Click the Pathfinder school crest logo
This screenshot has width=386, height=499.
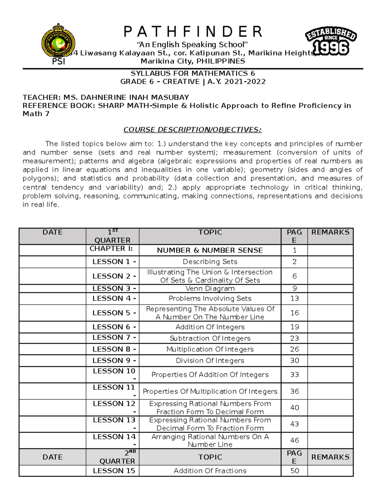[x=58, y=41]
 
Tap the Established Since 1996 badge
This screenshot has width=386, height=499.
[x=331, y=41]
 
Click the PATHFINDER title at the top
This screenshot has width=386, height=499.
[x=193, y=32]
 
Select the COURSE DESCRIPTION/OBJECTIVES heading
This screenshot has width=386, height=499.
[x=193, y=130]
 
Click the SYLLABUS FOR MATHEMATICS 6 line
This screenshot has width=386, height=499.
[x=193, y=73]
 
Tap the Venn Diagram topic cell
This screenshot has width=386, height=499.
[x=210, y=289]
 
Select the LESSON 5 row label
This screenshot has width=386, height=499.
[x=114, y=313]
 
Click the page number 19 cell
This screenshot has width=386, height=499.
[x=294, y=327]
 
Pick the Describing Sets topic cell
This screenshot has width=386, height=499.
[x=210, y=262]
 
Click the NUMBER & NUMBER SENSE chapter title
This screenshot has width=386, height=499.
[x=210, y=250]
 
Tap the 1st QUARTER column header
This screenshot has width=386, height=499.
[x=113, y=236]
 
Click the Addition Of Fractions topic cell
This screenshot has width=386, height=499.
[x=210, y=471]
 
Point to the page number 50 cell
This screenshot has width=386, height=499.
[x=294, y=471]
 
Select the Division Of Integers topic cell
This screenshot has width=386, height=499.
[x=210, y=361]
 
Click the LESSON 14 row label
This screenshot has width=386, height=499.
[x=114, y=440]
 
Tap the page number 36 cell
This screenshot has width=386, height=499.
[x=294, y=391]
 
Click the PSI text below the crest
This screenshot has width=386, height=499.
[x=59, y=61]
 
